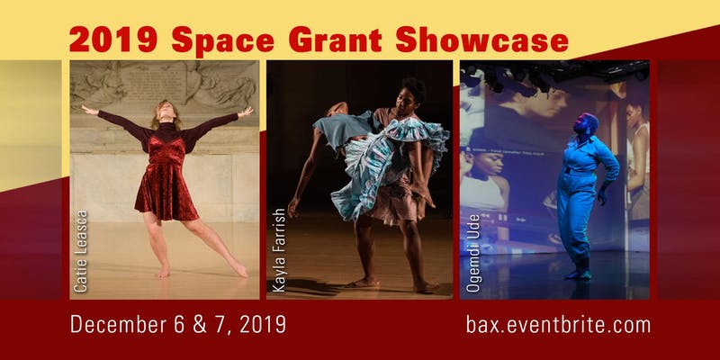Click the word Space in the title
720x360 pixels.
tap(222, 40)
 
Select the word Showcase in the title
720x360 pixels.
tap(482, 40)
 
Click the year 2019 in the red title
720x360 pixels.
tap(113, 40)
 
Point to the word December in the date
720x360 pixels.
tap(120, 324)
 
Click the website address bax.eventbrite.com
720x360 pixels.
tap(558, 324)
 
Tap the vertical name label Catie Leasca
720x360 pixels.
tap(80, 251)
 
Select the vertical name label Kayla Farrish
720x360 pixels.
tap(279, 250)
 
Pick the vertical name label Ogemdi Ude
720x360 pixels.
tap(473, 253)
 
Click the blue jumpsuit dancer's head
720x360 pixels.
tap(585, 124)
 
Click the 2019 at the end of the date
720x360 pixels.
tap(263, 324)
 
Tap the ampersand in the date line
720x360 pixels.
tap(200, 324)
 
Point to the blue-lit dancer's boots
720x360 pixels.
tap(578, 273)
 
